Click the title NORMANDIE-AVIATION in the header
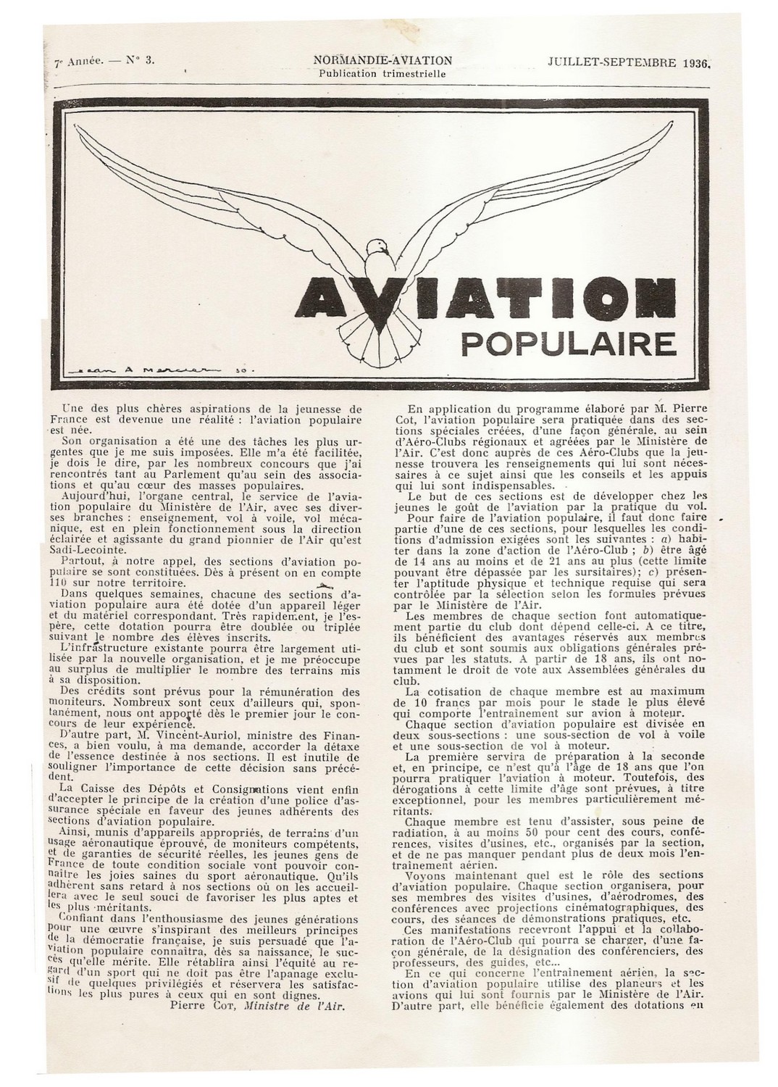tap(383, 61)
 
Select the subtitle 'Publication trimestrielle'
tap(382, 73)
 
